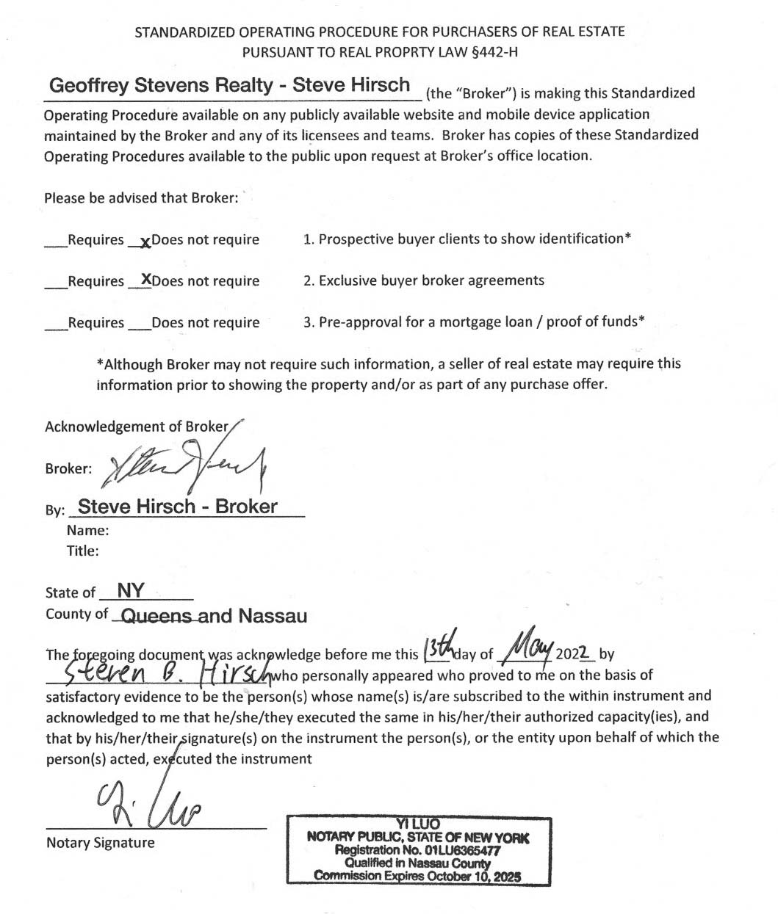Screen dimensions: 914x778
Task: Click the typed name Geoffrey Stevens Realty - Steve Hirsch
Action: pyautogui.click(x=229, y=85)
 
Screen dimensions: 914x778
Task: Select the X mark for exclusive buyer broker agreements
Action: pyautogui.click(x=146, y=279)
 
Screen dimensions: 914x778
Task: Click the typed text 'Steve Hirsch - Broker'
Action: pyautogui.click(x=178, y=507)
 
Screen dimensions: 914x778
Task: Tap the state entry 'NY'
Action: pyautogui.click(x=131, y=591)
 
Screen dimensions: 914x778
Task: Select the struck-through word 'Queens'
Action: pyautogui.click(x=156, y=616)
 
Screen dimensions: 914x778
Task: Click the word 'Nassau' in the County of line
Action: pyautogui.click(x=272, y=616)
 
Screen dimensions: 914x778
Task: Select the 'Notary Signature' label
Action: pyautogui.click(x=101, y=843)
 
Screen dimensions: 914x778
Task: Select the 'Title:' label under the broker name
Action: pyautogui.click(x=82, y=551)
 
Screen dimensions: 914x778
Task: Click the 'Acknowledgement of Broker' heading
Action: pyautogui.click(x=137, y=427)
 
